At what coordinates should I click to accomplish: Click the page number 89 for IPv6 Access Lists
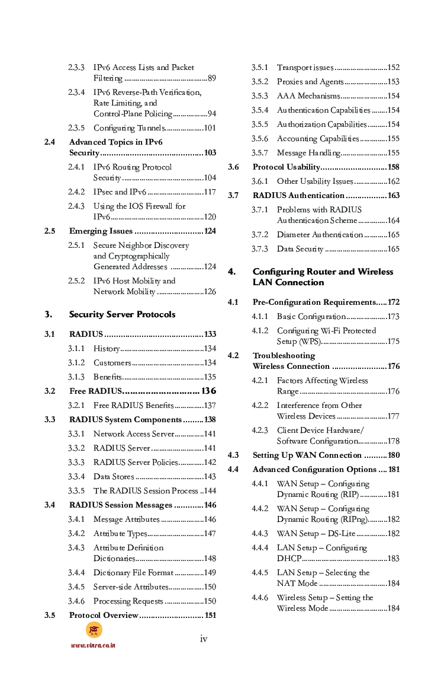(211, 78)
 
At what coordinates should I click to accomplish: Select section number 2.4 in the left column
(50, 142)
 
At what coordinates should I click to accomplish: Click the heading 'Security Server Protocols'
(122, 314)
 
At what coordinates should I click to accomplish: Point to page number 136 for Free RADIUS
(208, 391)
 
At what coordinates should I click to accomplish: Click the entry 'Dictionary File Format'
(133, 573)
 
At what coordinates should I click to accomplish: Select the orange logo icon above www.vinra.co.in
(94, 630)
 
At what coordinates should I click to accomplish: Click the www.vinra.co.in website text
(93, 645)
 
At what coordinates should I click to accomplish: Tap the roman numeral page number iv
(203, 639)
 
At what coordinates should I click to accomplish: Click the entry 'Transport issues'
(305, 68)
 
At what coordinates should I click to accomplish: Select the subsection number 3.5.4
(259, 110)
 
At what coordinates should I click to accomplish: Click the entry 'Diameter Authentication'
(320, 235)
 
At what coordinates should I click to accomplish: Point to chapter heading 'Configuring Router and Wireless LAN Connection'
(323, 277)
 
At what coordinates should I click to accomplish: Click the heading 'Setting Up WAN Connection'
(307, 455)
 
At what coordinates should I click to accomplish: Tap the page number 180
(394, 455)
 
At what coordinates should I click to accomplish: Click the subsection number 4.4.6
(259, 598)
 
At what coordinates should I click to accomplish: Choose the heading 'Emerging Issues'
(101, 231)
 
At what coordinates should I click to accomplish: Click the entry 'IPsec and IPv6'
(120, 192)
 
